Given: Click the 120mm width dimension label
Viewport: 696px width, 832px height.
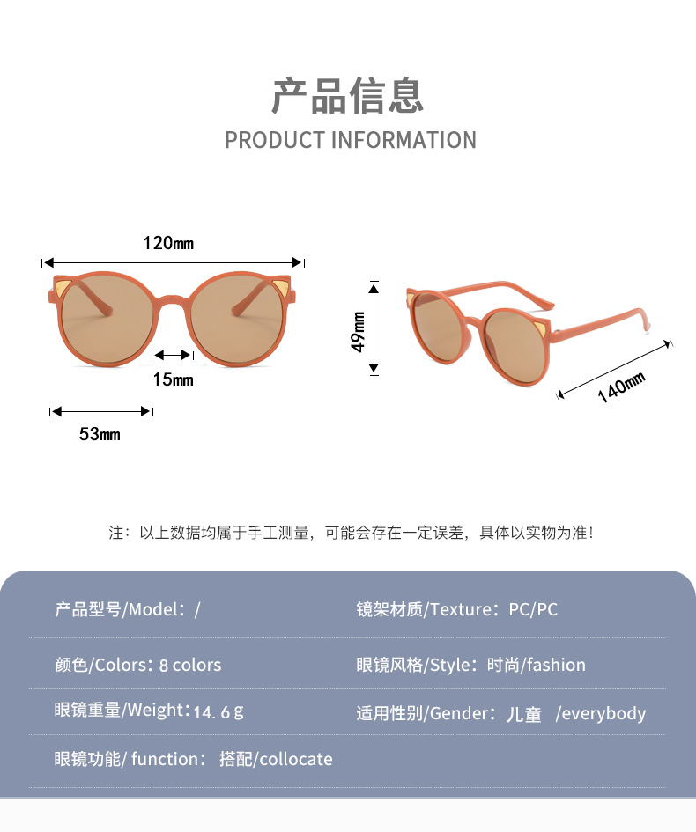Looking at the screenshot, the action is click(168, 243).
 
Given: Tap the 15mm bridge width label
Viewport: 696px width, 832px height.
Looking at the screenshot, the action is click(173, 379).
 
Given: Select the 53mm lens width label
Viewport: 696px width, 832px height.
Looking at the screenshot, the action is click(100, 434).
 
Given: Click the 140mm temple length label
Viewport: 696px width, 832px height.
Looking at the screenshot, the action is click(621, 387).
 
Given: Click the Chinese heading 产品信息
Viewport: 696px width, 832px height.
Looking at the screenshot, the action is click(347, 96).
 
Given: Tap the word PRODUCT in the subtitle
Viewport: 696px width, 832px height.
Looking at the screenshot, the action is click(275, 141).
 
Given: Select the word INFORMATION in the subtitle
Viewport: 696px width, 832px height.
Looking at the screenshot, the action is click(404, 141).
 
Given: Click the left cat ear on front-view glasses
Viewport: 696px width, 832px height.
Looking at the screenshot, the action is click(61, 287).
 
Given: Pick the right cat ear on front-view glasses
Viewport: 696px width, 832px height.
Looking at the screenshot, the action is click(285, 287).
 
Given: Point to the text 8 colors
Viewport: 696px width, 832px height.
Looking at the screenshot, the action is click(190, 665).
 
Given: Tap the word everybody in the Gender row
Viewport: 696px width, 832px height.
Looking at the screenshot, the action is click(603, 714).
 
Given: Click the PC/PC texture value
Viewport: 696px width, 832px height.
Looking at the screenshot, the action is click(533, 609).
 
